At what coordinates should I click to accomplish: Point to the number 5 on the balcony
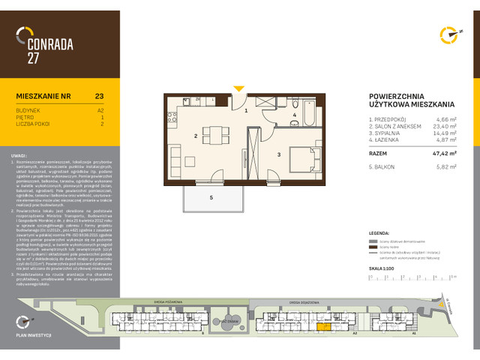coord(211,197)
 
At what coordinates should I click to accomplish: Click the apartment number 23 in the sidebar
coord(100,95)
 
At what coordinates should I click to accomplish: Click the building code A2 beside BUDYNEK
coord(100,109)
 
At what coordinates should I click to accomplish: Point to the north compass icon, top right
coord(449,34)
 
